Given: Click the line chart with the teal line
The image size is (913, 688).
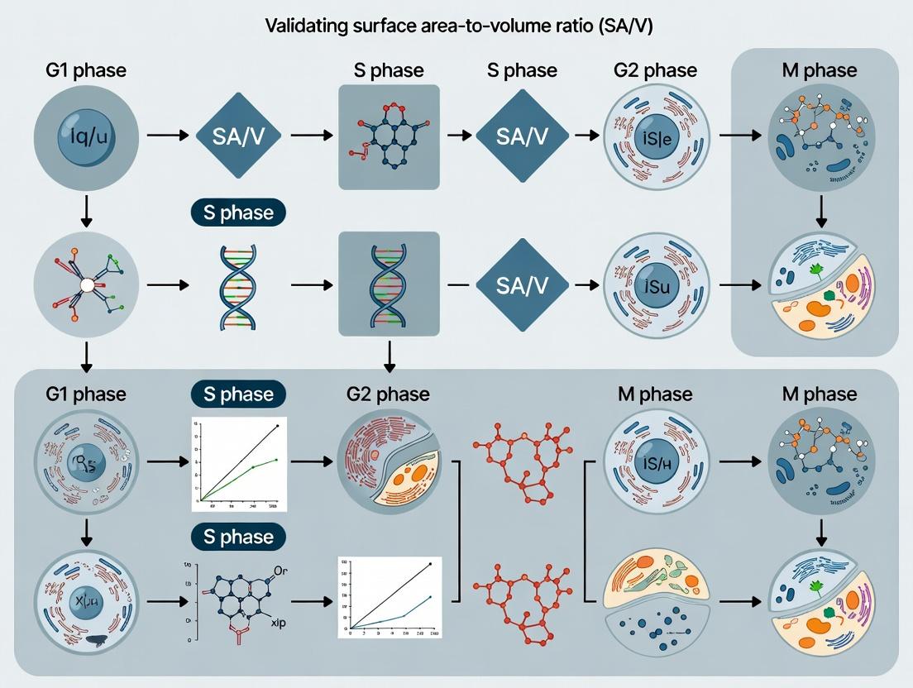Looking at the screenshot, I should (x=390, y=597).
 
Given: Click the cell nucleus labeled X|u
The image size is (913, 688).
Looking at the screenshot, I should (x=80, y=602).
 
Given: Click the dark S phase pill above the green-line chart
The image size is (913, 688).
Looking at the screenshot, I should (x=237, y=394).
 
